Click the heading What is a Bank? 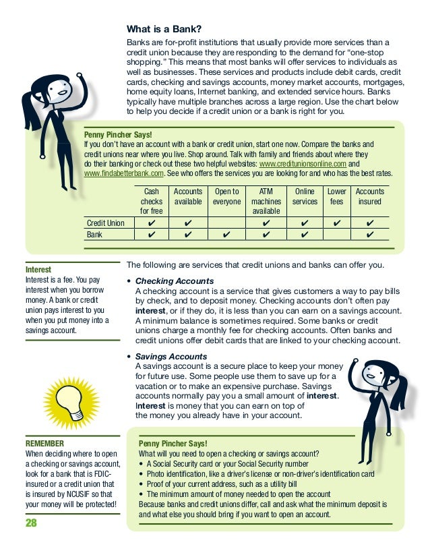point(164,29)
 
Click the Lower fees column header point(336,197)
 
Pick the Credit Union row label point(106,223)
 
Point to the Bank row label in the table point(94,235)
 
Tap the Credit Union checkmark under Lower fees point(336,223)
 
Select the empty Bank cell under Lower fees point(336,235)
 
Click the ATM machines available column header point(266,202)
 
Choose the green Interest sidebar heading point(38,269)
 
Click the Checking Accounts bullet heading point(175,281)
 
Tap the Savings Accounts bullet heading point(171,356)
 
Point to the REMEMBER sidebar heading point(44,443)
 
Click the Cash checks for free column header point(151,202)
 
